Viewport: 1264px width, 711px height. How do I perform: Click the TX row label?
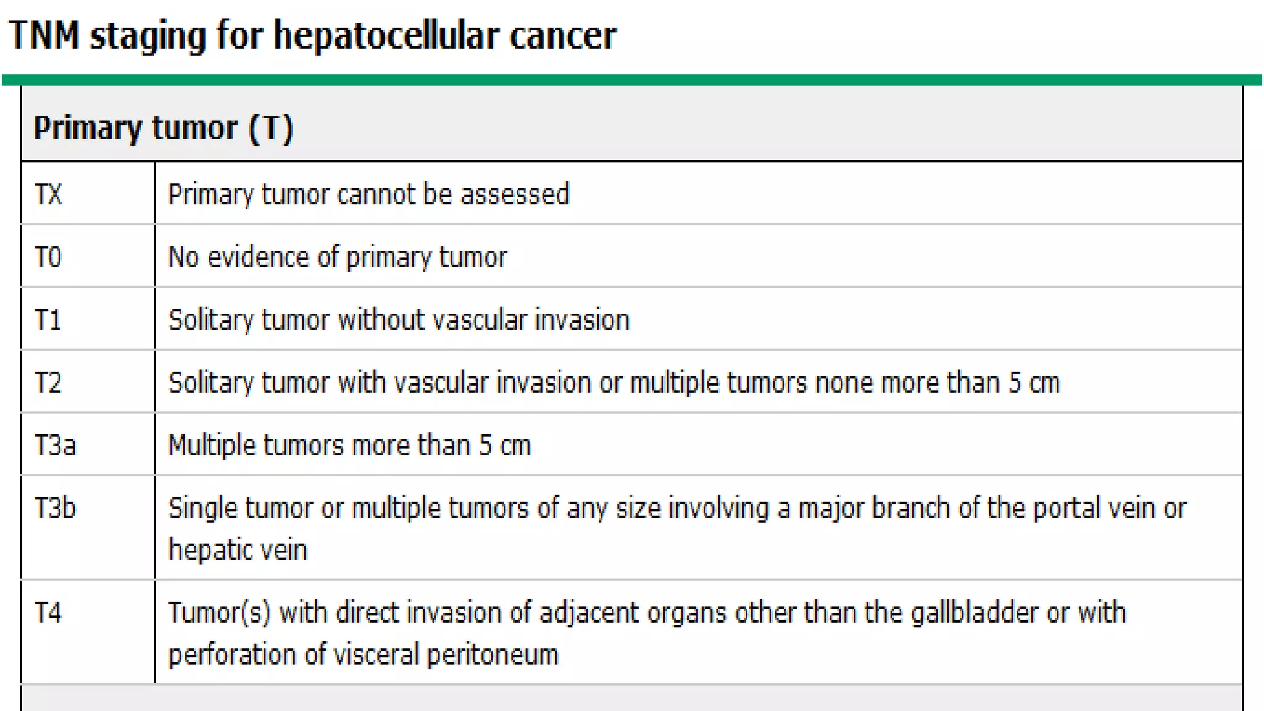click(48, 194)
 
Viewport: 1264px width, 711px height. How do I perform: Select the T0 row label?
click(48, 257)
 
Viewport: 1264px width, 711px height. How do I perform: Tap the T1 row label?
click(48, 320)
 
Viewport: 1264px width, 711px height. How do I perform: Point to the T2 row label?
click(48, 383)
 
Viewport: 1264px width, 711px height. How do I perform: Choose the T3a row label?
click(55, 446)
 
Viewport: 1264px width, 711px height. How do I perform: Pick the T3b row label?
click(55, 509)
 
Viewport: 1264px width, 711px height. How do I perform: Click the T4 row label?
click(48, 613)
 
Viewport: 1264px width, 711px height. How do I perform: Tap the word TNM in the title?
click(44, 35)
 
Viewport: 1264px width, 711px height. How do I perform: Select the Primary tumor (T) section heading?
click(163, 128)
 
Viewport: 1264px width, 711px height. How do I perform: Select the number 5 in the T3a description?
click(486, 446)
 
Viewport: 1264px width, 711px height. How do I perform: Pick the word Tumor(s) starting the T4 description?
click(219, 613)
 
